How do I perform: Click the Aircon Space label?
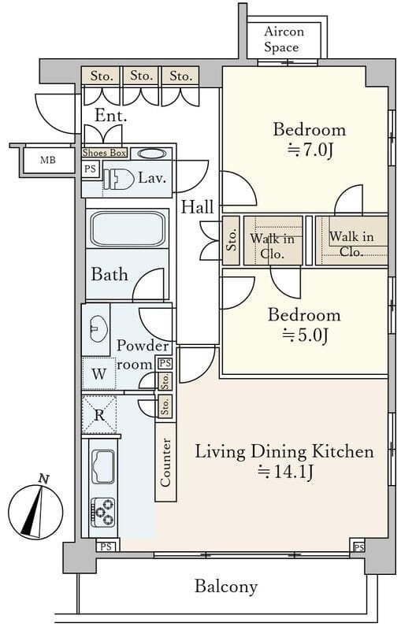(284, 39)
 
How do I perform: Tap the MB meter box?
(48, 161)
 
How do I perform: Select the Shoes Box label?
(105, 153)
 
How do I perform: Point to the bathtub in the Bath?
(128, 229)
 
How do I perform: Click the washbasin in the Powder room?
(98, 328)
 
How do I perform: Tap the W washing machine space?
(98, 373)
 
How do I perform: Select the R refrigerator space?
(99, 414)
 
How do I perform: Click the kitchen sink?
(103, 466)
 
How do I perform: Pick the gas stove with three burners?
(103, 513)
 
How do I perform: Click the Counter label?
(165, 462)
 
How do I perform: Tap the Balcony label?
(226, 586)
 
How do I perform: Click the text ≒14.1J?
(285, 471)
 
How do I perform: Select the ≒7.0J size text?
(310, 150)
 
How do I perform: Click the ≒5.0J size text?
(305, 335)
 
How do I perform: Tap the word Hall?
(197, 207)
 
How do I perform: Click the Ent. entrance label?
(111, 116)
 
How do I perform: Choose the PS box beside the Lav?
(91, 169)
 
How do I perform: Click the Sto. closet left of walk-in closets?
(231, 240)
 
